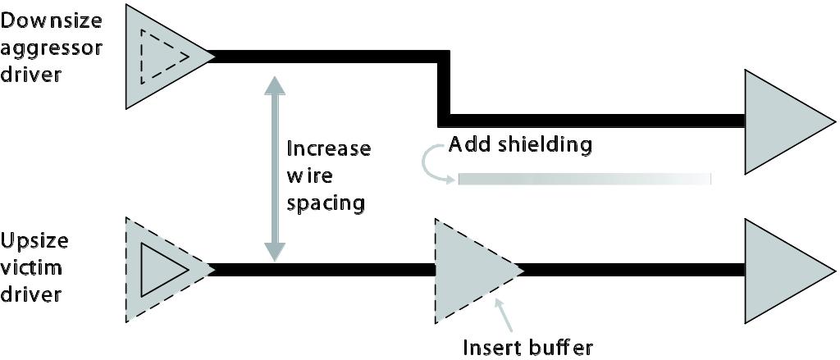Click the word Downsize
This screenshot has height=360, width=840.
click(x=51, y=22)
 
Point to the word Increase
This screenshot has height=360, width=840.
click(x=328, y=148)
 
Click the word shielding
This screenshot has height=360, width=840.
click(x=545, y=146)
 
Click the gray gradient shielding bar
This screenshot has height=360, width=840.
click(x=584, y=179)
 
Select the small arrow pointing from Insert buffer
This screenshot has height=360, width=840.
click(x=505, y=316)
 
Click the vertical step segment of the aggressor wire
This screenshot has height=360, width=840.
click(x=444, y=89)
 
